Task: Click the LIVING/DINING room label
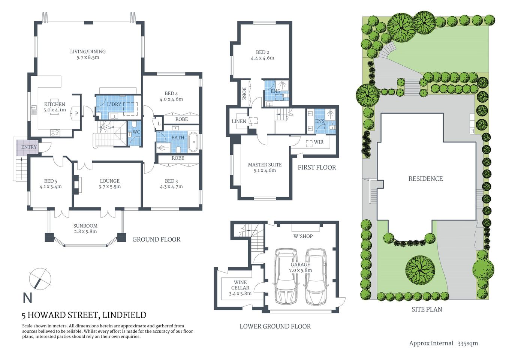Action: tap(88, 52)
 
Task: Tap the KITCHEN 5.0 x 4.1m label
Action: tap(55, 107)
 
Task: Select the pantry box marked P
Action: tap(76, 113)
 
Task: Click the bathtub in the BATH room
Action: tap(193, 142)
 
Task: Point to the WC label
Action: tap(136, 132)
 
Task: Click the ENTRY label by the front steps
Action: tap(29, 147)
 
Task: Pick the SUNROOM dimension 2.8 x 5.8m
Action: tap(85, 231)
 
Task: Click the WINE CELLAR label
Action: tap(240, 285)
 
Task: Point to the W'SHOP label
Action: tap(303, 236)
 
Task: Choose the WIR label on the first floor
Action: tap(319, 142)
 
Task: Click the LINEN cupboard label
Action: tap(239, 121)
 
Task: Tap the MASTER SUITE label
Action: tap(265, 165)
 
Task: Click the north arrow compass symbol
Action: tap(40, 279)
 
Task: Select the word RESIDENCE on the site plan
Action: tap(425, 179)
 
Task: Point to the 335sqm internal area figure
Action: tap(467, 343)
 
